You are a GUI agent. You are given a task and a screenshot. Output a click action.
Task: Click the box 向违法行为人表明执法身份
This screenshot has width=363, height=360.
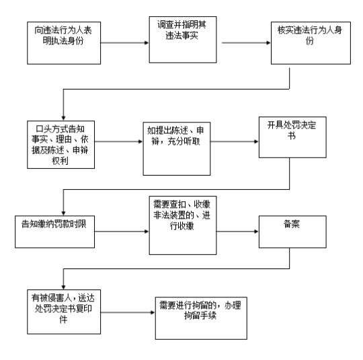coord(64,43)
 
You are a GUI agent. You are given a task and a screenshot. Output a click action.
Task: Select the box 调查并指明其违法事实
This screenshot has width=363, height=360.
coord(183,40)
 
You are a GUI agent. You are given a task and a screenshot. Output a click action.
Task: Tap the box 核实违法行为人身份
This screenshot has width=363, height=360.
coord(311,43)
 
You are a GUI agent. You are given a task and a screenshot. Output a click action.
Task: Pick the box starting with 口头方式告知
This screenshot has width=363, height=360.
coord(61,145)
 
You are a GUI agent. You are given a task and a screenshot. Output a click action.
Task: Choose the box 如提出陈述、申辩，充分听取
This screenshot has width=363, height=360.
coord(177,149)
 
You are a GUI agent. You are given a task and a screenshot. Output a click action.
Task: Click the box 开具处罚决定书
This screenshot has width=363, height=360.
coord(292,137)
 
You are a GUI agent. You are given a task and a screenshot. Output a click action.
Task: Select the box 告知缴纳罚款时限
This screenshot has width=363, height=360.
coord(55,231)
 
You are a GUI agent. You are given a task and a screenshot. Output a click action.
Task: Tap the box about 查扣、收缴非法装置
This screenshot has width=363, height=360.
coord(183,225)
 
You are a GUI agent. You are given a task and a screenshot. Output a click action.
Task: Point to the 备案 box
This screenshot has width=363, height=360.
coord(292,231)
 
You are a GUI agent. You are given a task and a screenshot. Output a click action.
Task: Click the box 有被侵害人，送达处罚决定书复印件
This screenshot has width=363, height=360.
coord(64,312)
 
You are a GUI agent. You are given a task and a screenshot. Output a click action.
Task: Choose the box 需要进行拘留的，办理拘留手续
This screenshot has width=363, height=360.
coord(201,318)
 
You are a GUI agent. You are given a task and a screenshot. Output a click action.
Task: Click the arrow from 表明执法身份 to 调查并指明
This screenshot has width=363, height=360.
coord(125,43)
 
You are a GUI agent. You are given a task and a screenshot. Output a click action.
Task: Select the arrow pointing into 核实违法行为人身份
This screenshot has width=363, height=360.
coord(246,43)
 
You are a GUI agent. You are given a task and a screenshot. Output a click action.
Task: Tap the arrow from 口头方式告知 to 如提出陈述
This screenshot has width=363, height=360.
coord(119,141)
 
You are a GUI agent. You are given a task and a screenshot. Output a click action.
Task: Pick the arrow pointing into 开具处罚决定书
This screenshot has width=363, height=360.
coord(235,141)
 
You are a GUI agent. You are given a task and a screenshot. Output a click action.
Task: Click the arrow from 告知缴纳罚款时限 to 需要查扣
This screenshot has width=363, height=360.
coord(122,231)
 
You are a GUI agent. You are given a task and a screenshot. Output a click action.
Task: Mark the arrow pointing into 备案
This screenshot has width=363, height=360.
coord(238,231)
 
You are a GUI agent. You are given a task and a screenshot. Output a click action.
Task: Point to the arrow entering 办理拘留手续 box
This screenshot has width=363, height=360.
coord(128,312)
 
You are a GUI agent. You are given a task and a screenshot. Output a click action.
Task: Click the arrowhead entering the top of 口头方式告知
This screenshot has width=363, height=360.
coord(63,118)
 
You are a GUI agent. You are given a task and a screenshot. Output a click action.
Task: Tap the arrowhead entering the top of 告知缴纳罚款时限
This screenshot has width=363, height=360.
coord(63,213)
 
